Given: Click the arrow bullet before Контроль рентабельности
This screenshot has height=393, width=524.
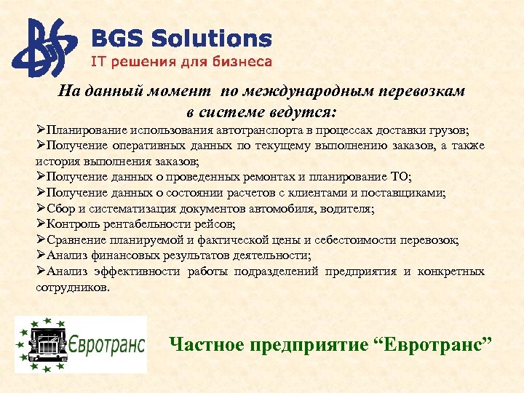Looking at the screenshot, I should [41, 224].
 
